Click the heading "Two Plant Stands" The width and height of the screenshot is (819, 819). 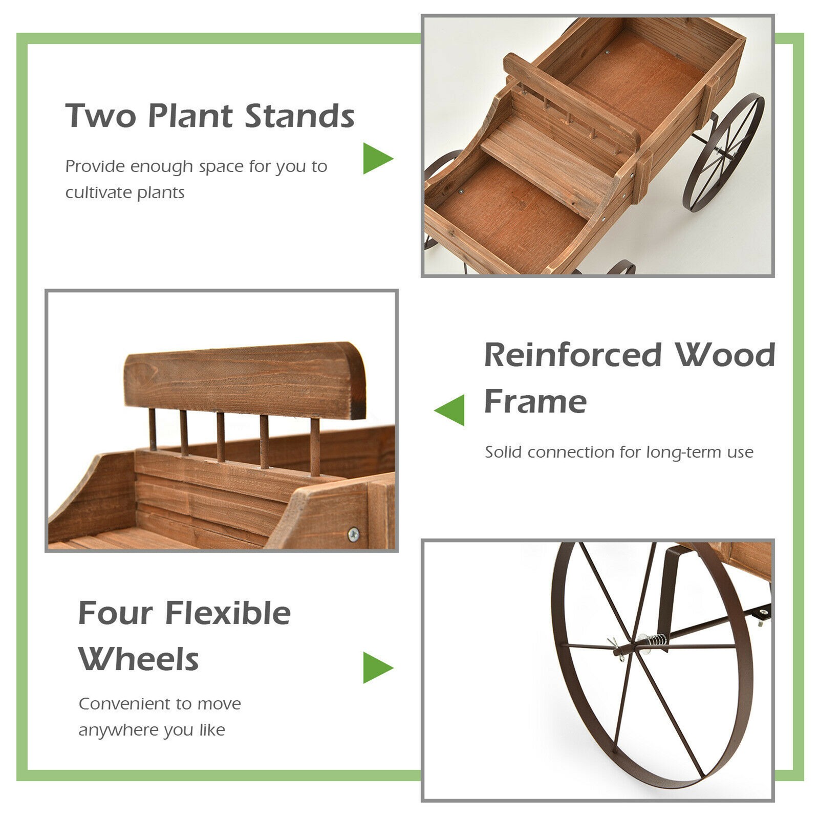pyautogui.click(x=210, y=116)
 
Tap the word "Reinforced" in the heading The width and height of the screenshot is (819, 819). pyautogui.click(x=573, y=355)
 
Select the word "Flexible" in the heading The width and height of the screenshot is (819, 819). pyautogui.click(x=228, y=613)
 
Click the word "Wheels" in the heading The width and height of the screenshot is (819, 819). pyautogui.click(x=139, y=659)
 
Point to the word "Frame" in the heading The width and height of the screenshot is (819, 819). pyautogui.click(x=535, y=401)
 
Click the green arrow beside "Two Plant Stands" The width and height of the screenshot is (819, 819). pyautogui.click(x=377, y=158)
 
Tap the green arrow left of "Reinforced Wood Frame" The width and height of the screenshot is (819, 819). pyautogui.click(x=450, y=410)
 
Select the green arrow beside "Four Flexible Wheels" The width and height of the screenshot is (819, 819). pyautogui.click(x=377, y=667)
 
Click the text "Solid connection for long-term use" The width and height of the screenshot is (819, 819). pyautogui.click(x=619, y=452)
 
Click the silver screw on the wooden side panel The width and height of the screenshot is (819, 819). pyautogui.click(x=353, y=534)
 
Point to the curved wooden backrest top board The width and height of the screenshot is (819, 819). pyautogui.click(x=245, y=379)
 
